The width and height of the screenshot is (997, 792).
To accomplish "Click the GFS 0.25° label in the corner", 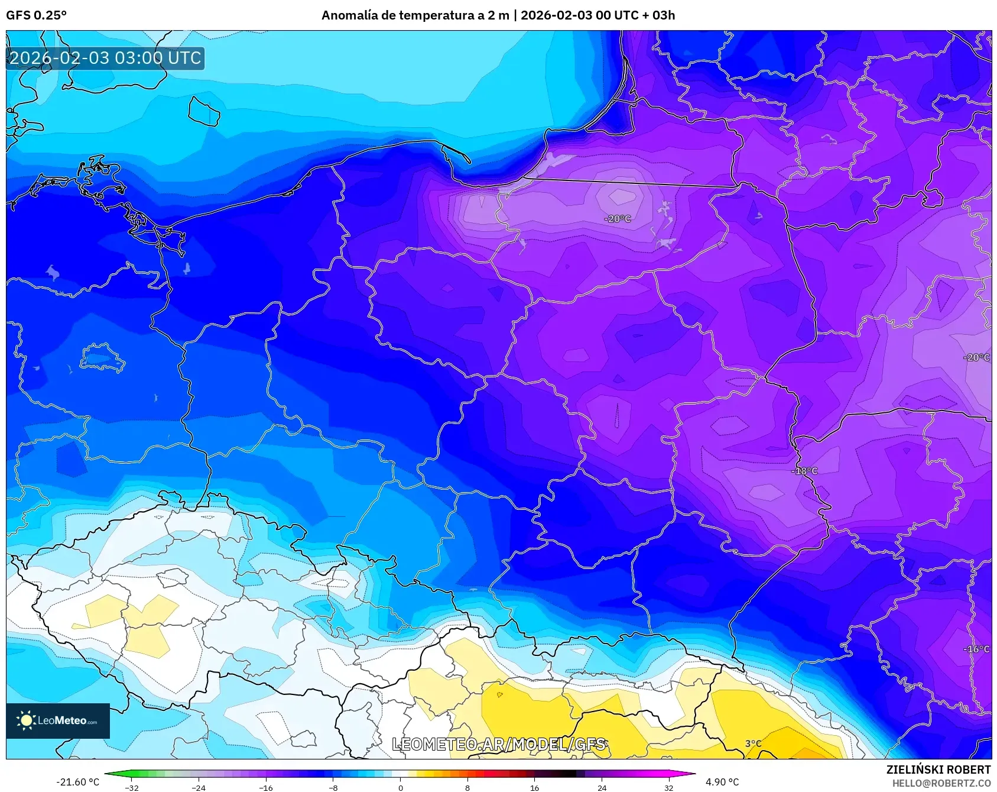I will coord(36,15).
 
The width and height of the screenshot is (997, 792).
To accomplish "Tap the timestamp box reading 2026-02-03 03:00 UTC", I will coord(105,58).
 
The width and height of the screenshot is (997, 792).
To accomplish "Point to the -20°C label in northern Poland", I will coord(618,219).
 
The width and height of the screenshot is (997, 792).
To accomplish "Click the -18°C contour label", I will coord(804,471).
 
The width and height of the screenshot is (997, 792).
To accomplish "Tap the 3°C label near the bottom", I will coord(753,743).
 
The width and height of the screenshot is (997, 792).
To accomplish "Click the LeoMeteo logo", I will coord(58,720).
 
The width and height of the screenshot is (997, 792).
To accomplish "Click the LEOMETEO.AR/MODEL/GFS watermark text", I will coord(499,744).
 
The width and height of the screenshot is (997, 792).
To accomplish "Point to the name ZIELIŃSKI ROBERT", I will coord(938,770).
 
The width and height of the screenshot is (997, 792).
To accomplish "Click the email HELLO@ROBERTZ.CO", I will coord(941,783).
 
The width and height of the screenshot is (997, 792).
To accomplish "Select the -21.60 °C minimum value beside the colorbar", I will coord(77,782).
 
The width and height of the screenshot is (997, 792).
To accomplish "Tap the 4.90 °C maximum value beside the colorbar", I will coord(722,782).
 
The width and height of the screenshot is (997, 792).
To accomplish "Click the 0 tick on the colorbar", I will coord(401,787).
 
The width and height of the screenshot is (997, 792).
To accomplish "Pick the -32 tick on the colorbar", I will coord(132,787).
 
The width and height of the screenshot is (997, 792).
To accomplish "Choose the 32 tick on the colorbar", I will coord(668,787).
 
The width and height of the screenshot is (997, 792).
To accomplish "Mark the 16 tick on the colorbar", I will coord(534,787).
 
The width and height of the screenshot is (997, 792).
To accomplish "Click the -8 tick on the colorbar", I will coord(333,787).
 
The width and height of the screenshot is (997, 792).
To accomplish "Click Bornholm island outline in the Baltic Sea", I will coord(204,111).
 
